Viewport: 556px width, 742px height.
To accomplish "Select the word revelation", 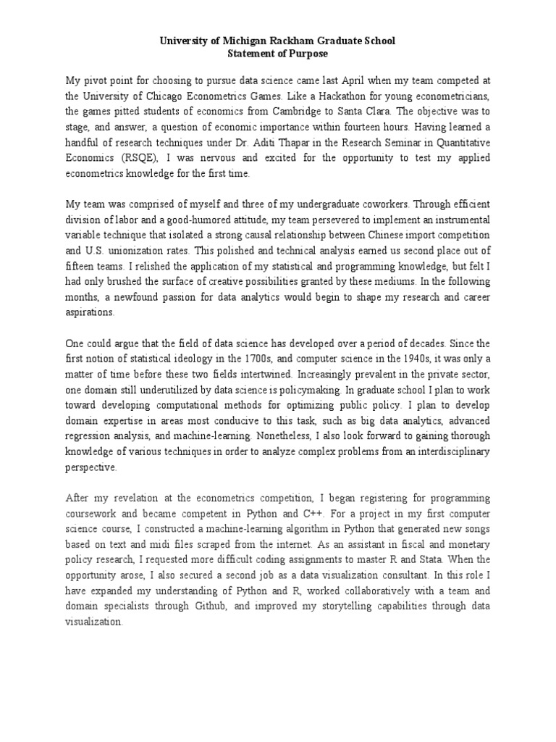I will click(x=132, y=499).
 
